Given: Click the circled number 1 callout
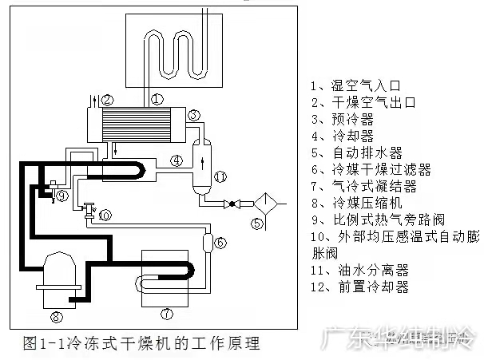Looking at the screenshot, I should [157, 99].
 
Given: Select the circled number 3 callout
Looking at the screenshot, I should [194, 116].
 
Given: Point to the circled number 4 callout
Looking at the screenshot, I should [176, 160].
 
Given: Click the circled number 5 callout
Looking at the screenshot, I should [256, 224].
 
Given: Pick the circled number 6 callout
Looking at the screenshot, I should [221, 243].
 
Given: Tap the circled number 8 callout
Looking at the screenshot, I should [56, 317].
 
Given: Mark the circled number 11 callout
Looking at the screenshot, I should [221, 176].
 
